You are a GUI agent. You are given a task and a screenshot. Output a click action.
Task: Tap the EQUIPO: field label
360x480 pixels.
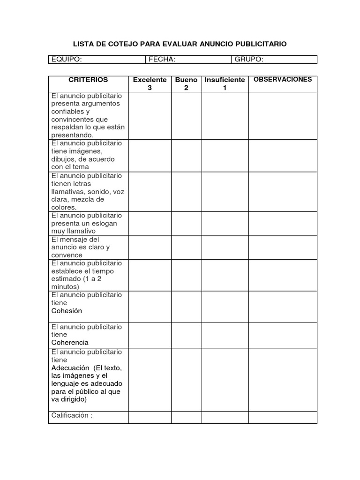tap(67, 60)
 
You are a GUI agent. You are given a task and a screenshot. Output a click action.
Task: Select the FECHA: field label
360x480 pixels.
tap(162, 60)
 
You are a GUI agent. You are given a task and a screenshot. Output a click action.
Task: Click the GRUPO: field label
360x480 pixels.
tap(249, 60)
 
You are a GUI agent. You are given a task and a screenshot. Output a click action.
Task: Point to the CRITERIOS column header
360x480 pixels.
tap(88, 80)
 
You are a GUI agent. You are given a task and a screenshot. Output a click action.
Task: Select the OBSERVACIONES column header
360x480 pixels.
tap(283, 80)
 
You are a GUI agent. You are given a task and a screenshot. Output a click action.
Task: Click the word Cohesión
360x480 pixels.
tap(67, 311)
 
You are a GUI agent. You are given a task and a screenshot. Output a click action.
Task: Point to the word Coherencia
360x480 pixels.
tap(70, 343)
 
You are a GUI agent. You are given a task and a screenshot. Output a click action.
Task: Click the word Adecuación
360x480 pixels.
tap(71, 368)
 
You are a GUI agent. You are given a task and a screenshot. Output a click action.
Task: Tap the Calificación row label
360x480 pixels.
tap(72, 415)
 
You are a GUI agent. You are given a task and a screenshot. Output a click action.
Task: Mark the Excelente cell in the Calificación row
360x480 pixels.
tap(150, 417)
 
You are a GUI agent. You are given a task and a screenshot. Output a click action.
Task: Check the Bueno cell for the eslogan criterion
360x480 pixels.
tap(186, 223)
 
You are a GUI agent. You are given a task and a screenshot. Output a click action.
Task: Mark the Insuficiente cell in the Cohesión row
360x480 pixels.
tap(225, 307)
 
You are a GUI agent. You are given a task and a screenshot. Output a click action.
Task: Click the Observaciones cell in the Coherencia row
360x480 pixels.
tap(283, 335)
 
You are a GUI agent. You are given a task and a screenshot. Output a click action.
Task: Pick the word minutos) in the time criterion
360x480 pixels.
tap(66, 287)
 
